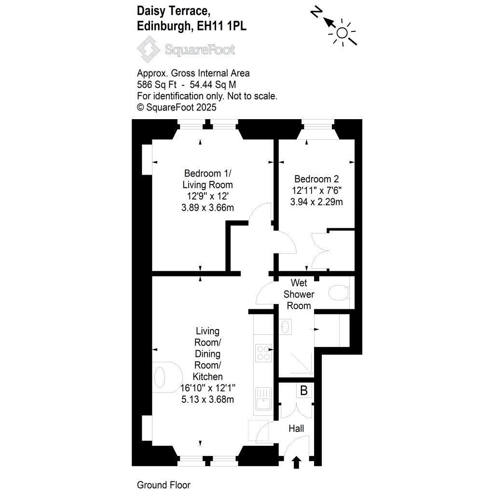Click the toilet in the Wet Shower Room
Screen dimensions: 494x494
339,293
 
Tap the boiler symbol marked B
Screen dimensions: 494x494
304,390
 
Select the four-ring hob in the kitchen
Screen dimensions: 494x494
263,353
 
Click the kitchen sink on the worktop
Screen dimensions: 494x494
263,398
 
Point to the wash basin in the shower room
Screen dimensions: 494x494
286,327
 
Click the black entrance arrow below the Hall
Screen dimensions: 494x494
296,463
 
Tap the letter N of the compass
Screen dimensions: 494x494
316,13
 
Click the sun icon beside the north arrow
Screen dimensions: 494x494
342,32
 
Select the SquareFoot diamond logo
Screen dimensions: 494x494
149,49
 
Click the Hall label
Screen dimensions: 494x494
296,428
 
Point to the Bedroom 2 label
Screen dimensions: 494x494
316,179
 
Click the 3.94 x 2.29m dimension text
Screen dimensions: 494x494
316,202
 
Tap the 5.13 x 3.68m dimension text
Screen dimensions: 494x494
207,399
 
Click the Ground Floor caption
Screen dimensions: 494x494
164,485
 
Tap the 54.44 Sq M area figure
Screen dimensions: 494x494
213,85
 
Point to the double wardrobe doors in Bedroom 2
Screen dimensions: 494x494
320,251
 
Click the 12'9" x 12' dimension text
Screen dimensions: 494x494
207,196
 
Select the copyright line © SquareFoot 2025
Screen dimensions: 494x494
177,108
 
